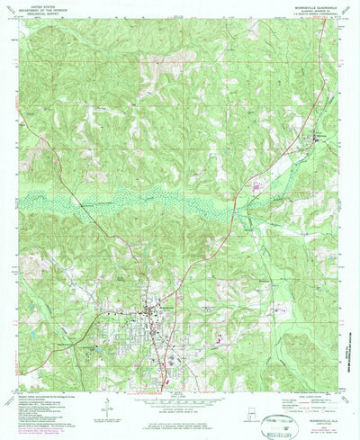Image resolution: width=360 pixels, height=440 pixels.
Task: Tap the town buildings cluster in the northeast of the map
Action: click(315, 137)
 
